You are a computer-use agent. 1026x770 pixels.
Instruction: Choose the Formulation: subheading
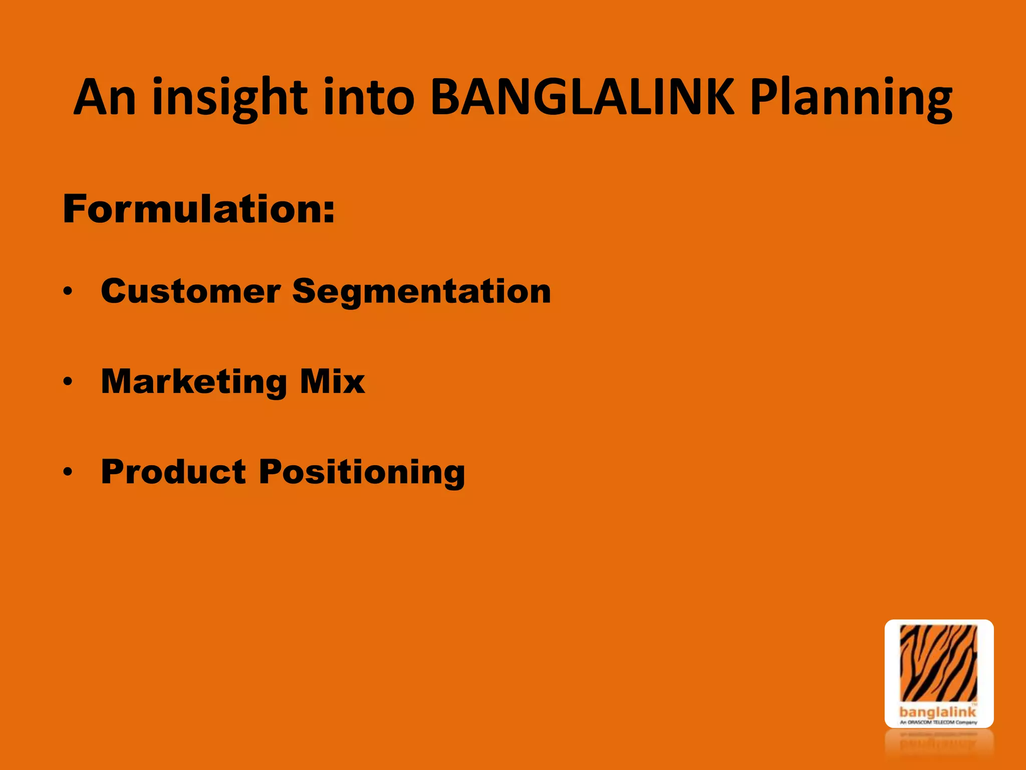[x=198, y=209]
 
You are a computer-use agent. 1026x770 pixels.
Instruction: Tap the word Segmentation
[x=421, y=292]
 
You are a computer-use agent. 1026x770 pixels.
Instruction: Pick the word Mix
[x=333, y=382]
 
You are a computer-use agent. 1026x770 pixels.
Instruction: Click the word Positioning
[x=362, y=473]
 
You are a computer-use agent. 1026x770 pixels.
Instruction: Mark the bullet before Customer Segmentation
[x=68, y=291]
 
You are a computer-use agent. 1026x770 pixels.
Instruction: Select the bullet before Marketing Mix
[x=68, y=382]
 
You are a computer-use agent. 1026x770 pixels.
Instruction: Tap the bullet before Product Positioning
[x=68, y=472]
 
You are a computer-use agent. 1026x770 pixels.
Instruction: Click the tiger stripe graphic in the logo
[x=938, y=662]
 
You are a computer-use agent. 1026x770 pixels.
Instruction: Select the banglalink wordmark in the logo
[x=937, y=711]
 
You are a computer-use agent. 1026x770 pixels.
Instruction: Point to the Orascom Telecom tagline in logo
[x=938, y=722]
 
